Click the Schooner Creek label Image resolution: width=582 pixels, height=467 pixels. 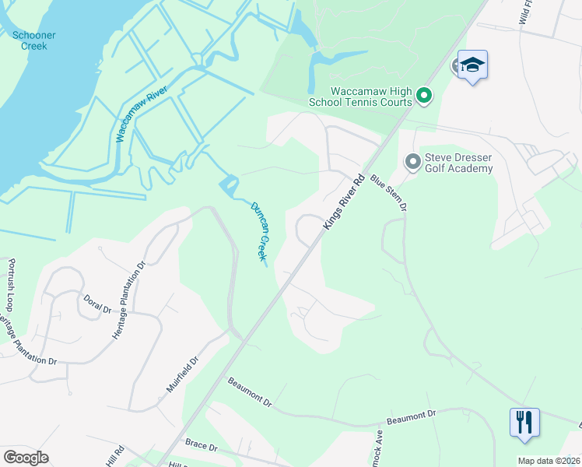tap(30, 40)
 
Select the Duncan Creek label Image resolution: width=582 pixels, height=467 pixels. tap(259, 230)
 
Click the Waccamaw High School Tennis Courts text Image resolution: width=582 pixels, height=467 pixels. tap(370, 97)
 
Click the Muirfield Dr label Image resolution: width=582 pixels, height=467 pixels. tap(184, 373)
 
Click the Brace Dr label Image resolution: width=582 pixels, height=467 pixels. tap(202, 444)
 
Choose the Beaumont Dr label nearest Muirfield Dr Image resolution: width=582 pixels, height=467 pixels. tap(250, 393)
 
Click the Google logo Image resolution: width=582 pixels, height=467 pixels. tap(26, 458)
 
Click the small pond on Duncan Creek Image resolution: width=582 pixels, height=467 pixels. tap(229, 186)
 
